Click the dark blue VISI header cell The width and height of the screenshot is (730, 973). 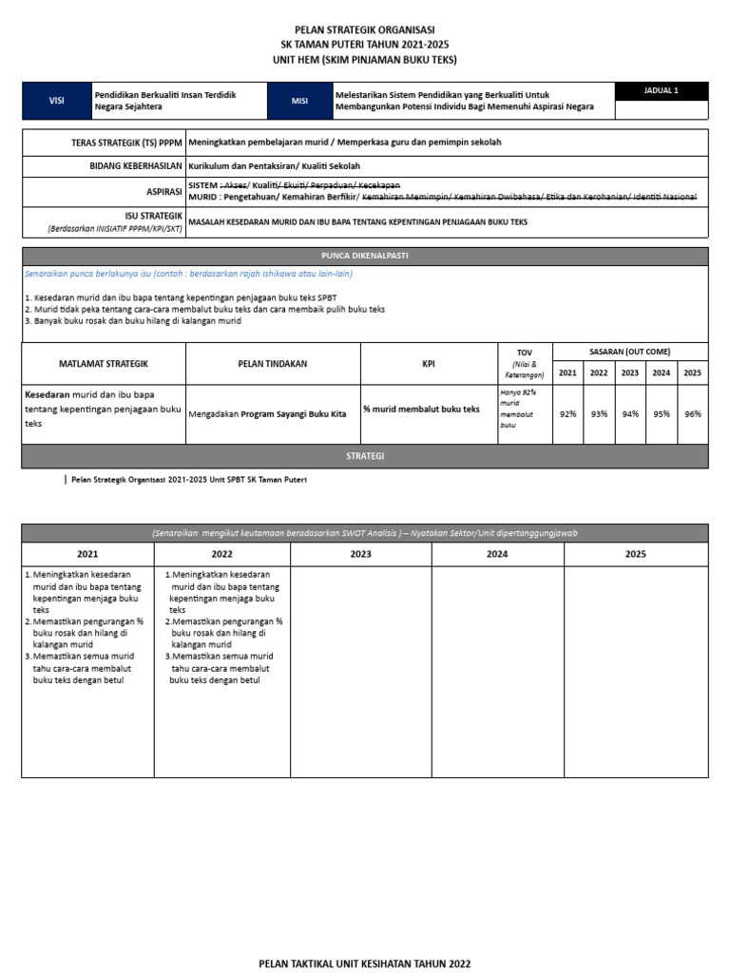(56, 101)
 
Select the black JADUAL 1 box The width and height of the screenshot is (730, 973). (661, 91)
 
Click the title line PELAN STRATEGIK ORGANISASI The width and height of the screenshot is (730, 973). (364, 29)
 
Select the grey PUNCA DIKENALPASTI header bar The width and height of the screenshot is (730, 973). (364, 257)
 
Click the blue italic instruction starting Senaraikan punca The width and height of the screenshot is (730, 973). (188, 274)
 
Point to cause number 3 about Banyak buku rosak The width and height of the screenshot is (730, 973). (133, 321)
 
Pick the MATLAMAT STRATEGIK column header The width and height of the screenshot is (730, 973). (104, 364)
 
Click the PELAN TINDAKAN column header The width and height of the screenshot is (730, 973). (273, 364)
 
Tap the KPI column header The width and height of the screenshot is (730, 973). (429, 364)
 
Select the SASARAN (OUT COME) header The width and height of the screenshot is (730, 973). (629, 352)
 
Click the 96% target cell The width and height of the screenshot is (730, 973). (692, 414)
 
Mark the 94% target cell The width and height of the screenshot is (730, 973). (629, 414)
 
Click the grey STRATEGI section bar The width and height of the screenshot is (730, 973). (364, 456)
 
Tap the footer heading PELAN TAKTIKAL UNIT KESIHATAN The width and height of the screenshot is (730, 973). (365, 963)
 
